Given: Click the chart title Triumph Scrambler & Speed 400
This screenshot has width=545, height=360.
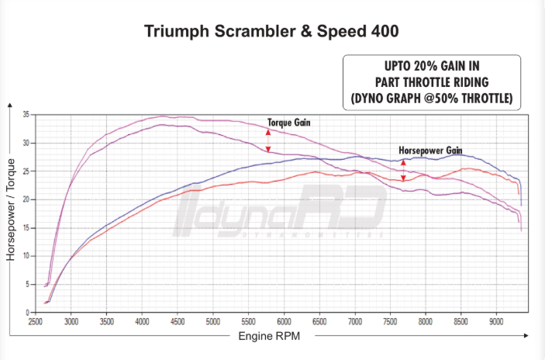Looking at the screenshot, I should [x=272, y=31].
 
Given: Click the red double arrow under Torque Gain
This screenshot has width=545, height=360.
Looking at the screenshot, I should [x=268, y=140].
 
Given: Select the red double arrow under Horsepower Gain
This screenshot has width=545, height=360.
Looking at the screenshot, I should [x=403, y=169].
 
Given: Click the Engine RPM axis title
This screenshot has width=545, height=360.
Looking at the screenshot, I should [x=270, y=336].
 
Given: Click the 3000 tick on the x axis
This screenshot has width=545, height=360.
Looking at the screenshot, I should [x=71, y=320].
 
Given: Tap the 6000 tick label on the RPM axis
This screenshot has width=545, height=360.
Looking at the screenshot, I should [x=284, y=320].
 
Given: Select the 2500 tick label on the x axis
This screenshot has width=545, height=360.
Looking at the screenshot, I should [x=36, y=320].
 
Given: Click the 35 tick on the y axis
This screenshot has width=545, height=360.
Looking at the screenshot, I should [x=26, y=115].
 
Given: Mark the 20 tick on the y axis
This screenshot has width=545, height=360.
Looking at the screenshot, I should [x=26, y=199].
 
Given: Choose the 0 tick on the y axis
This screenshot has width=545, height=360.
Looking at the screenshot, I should [x=28, y=312].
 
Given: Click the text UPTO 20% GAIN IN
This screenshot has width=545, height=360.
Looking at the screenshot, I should [x=432, y=67].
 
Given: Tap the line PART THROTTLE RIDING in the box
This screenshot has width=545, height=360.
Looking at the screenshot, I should [x=432, y=82].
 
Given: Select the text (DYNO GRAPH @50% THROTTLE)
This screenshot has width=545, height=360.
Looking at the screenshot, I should [x=432, y=99].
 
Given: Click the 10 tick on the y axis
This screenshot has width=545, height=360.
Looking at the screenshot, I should [x=26, y=255].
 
